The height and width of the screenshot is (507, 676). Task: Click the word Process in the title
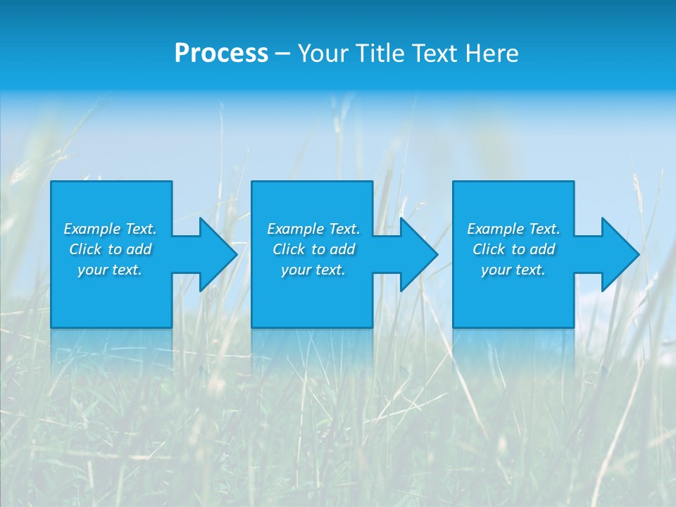click(x=221, y=54)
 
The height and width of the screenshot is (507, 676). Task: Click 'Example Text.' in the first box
click(x=110, y=229)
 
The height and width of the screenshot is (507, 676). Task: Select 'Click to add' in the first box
click(x=110, y=249)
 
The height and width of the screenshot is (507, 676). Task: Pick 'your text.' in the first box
click(x=110, y=270)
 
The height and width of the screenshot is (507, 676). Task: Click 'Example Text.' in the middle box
click(x=313, y=229)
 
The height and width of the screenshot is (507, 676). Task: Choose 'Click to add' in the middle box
click(x=313, y=249)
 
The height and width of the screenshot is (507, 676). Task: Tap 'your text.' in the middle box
click(x=313, y=270)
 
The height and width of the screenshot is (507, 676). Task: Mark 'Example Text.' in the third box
click(x=513, y=229)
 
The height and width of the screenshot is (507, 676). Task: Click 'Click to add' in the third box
click(x=513, y=249)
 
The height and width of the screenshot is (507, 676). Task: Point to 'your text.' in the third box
click(x=513, y=270)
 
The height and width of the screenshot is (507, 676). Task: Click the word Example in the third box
click(x=495, y=229)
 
